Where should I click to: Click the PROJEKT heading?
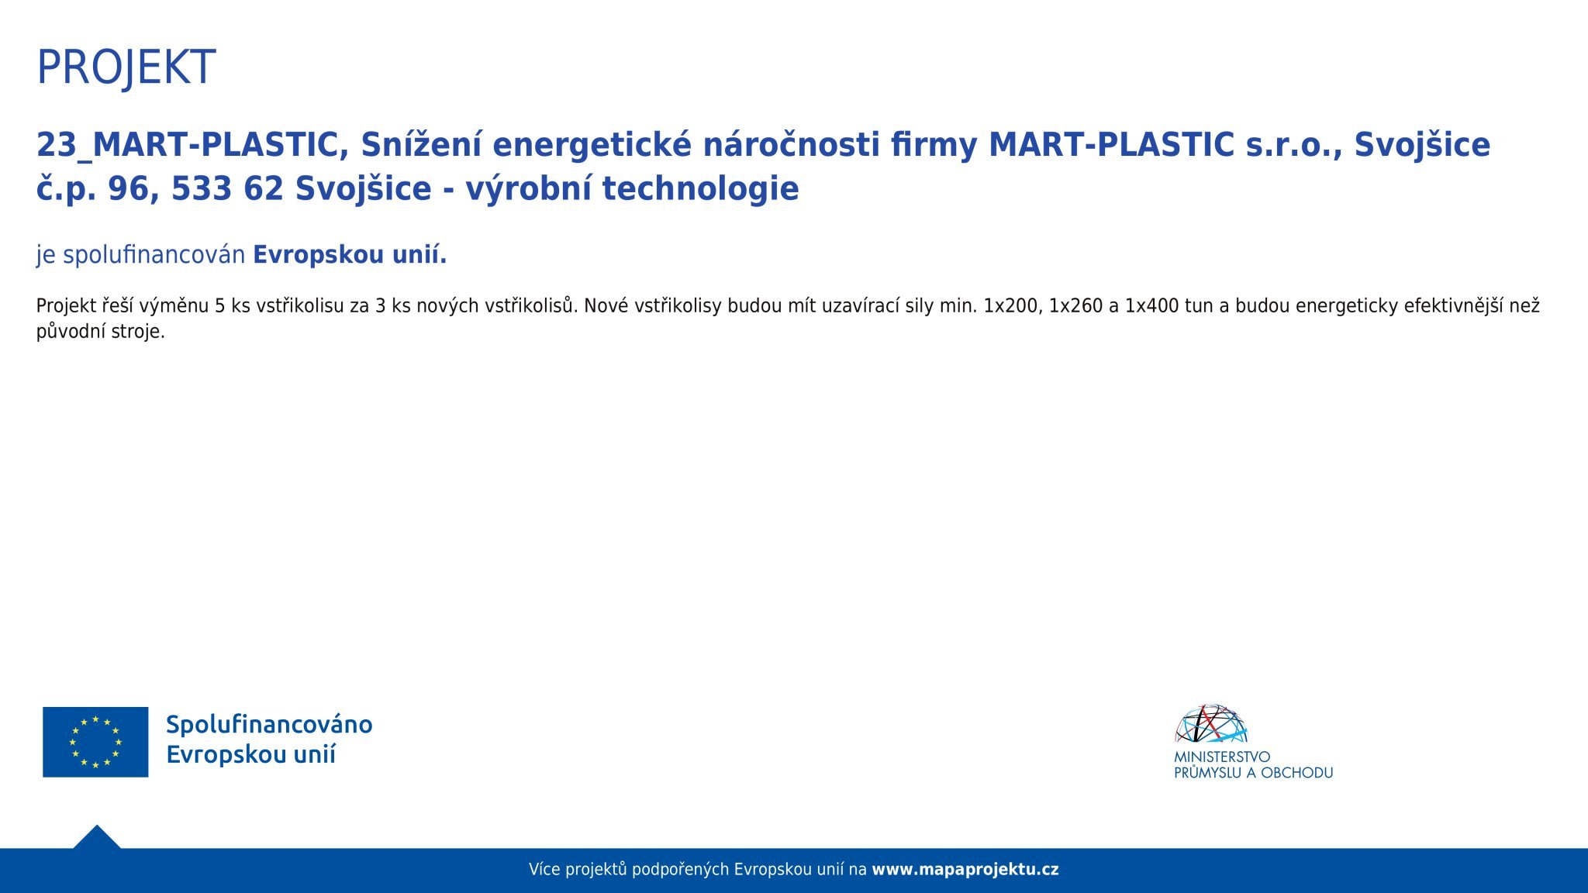[126, 67]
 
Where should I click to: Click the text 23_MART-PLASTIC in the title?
[192, 145]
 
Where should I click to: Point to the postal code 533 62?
[227, 188]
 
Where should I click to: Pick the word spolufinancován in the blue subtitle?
[154, 255]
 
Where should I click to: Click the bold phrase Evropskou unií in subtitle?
[350, 254]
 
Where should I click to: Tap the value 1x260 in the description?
[1075, 305]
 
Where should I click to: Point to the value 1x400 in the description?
[1151, 305]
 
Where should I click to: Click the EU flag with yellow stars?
[95, 742]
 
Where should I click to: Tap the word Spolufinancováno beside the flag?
[269, 725]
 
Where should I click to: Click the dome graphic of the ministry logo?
[1211, 724]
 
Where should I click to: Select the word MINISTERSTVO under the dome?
[1222, 757]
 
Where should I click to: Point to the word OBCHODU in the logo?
[1297, 773]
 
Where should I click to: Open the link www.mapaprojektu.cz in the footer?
[965, 870]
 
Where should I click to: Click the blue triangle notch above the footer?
[97, 838]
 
